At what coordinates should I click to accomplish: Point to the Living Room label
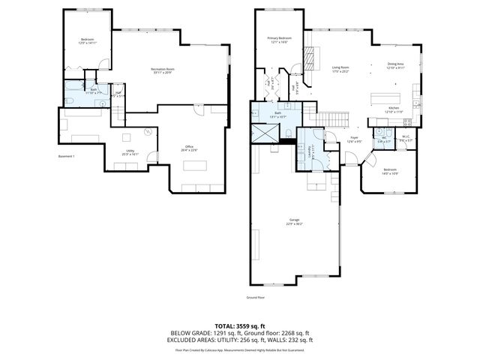340,70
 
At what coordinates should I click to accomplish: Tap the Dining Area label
397,65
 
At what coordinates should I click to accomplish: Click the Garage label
294,222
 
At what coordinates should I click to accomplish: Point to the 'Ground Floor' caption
256,298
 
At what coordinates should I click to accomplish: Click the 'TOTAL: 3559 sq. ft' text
240,326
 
